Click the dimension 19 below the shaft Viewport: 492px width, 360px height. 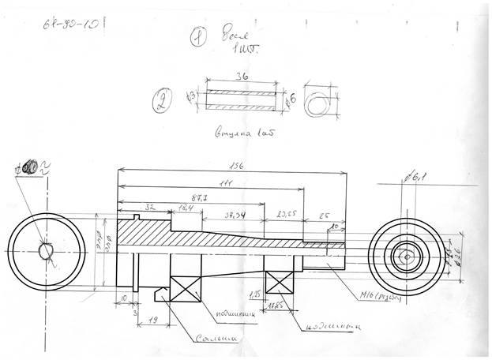point(152,321)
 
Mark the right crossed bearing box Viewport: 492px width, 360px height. point(280,285)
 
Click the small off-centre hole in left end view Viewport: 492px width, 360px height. point(45,249)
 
